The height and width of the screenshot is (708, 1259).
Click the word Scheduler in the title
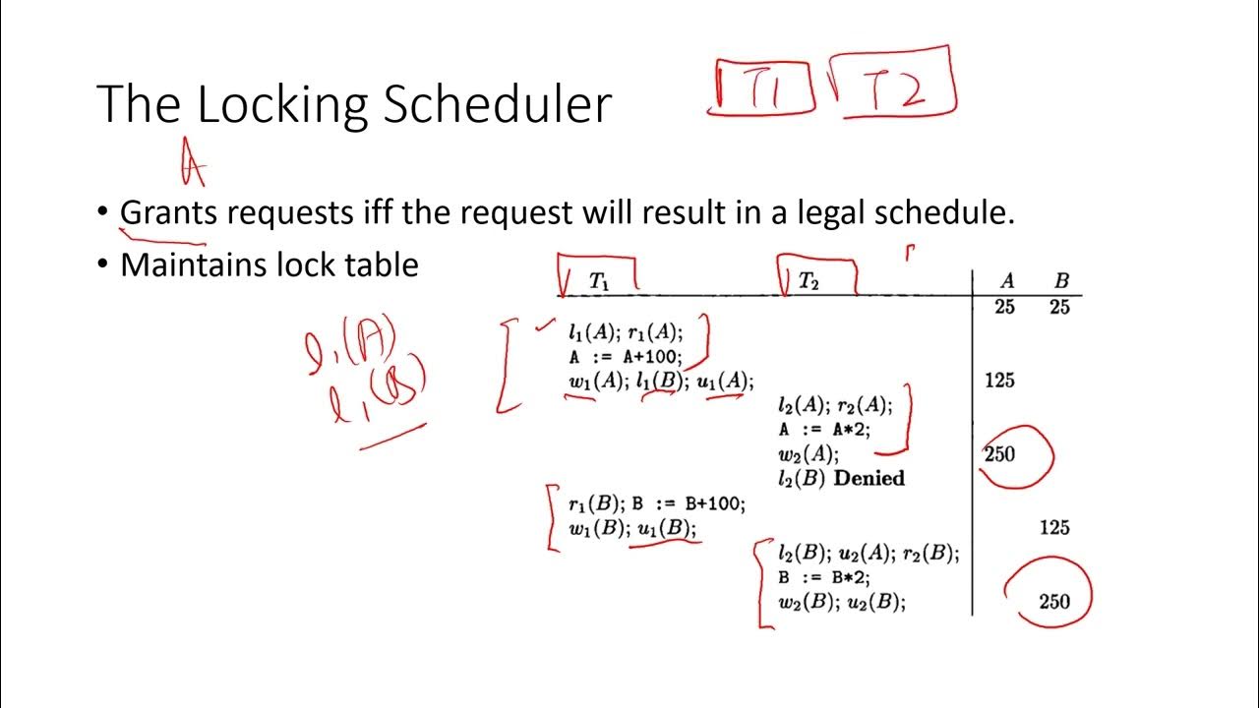[x=497, y=104]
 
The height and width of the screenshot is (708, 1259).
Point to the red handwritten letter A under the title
[x=193, y=163]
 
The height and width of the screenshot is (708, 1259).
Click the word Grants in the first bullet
[x=172, y=212]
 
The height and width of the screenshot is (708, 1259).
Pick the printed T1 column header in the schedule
[x=599, y=281]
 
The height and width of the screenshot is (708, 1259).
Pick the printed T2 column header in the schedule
[x=809, y=281]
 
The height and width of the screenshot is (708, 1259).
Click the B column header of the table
[x=1061, y=281]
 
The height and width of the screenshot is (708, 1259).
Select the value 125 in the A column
[x=999, y=381]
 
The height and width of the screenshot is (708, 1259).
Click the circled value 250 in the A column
[x=999, y=454]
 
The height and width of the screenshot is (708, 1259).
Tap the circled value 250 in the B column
[x=1054, y=601]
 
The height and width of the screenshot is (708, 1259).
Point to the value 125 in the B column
[x=1054, y=528]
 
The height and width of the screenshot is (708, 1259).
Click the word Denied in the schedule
[x=869, y=479]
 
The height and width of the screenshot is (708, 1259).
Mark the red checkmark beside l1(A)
[x=544, y=327]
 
